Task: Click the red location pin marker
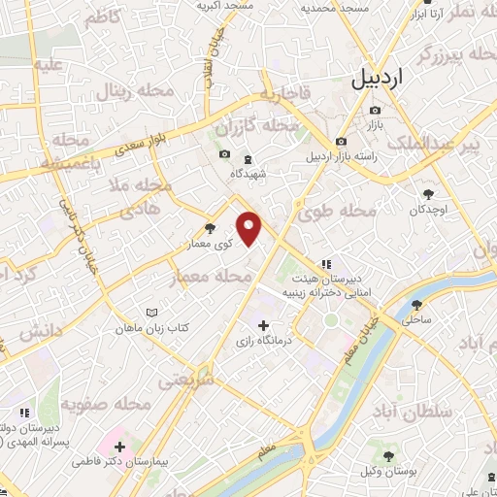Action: [249, 229]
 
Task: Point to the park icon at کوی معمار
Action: [209, 229]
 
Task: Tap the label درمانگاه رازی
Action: [264, 343]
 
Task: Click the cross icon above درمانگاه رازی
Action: [264, 325]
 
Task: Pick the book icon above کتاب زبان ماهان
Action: [149, 313]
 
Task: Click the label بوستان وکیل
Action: [388, 472]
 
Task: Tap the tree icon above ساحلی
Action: [416, 304]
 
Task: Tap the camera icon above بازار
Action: [374, 110]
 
